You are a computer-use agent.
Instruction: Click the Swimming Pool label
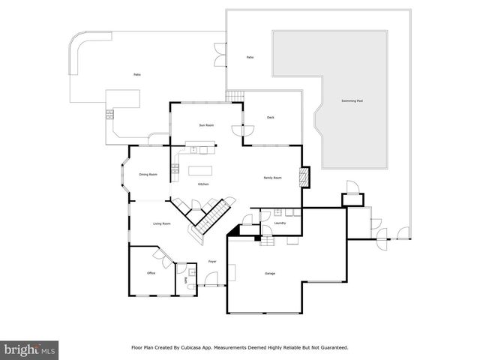coord(352,100)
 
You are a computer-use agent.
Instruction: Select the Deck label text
coord(271,117)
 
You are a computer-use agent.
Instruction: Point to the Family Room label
coord(272,178)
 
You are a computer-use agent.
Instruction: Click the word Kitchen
coord(203,184)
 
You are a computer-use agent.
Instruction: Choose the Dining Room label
coord(148,175)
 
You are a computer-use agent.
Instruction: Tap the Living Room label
coord(162,223)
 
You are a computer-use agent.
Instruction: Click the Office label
coord(151,273)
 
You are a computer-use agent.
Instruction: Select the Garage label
coord(269,273)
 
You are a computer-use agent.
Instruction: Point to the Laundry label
coord(280,223)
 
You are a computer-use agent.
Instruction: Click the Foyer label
coord(212,261)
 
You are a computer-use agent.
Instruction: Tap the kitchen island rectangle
coord(199,169)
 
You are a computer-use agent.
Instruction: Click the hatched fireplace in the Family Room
coord(304,177)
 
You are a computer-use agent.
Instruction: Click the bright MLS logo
coord(30,349)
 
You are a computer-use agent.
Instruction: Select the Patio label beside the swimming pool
coord(250,57)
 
